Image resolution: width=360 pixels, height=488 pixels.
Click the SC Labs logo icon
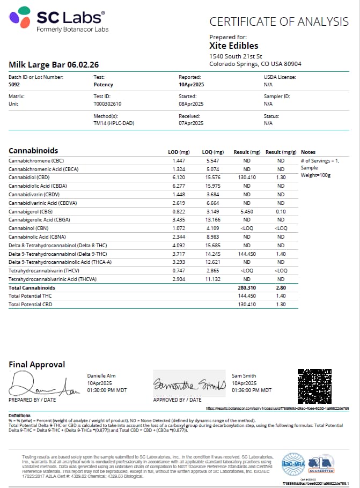[x=19, y=18]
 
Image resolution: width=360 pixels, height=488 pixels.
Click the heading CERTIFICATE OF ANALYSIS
[x=278, y=22]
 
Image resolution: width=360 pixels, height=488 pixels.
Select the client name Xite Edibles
[x=233, y=46]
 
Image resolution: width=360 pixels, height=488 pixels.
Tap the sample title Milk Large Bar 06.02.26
[x=53, y=65]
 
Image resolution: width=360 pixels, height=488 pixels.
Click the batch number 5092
[x=14, y=85]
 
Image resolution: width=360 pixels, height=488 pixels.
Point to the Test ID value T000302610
[x=107, y=103]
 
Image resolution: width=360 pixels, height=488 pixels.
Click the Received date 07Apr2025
[x=191, y=123]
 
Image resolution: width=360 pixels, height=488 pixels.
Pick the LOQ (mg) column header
[x=213, y=152]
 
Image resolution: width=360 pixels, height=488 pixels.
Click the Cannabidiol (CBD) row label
[x=29, y=177]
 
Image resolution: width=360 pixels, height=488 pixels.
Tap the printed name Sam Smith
[x=242, y=376]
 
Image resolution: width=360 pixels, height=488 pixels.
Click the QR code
[x=319, y=385]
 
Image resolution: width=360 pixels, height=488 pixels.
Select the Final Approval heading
[x=37, y=365]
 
